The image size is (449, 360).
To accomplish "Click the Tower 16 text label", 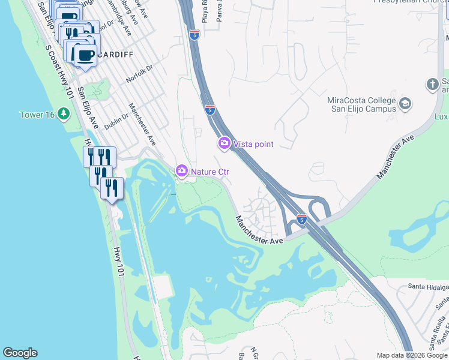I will coord(31,115).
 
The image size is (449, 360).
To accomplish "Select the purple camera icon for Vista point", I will coord(224,143).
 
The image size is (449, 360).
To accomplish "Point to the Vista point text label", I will coord(253,144).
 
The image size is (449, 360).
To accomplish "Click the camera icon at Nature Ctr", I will coord(181,172).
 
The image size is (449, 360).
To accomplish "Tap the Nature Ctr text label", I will coord(210,172).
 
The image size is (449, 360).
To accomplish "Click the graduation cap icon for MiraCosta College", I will coord(405,104).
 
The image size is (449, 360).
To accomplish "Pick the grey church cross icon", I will coord(432,85).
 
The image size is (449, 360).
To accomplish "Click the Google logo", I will coord(20,353).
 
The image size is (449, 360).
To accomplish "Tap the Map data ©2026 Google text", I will coord(412,355).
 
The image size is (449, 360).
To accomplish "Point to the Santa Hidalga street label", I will coord(428,287).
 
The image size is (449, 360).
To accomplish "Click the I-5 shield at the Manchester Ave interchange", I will coord(301,219).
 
